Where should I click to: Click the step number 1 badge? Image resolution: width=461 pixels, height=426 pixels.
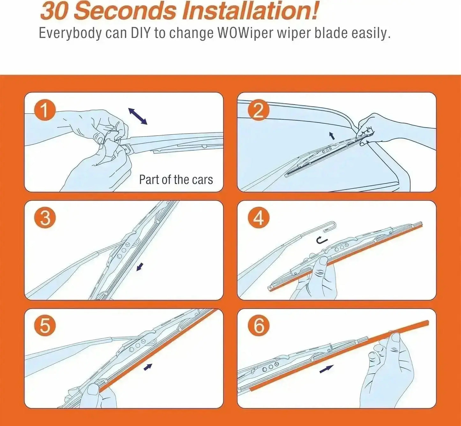point(45,110)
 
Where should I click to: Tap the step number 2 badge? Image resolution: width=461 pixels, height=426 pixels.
point(258,110)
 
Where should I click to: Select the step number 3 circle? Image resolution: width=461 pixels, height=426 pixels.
point(45,219)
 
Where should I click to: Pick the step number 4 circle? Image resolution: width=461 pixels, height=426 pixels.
point(258,219)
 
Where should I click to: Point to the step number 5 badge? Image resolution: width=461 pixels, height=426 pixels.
point(45,326)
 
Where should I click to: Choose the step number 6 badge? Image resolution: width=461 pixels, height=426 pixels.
point(258,326)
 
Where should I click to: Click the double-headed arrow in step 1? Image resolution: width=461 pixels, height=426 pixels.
point(138,116)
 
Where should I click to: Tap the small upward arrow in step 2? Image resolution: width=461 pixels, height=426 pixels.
point(332,136)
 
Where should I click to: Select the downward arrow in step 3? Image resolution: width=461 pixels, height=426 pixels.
point(140,267)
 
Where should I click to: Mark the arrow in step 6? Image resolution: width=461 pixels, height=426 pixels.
point(326,369)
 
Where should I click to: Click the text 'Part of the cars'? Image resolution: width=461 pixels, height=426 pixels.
point(176,180)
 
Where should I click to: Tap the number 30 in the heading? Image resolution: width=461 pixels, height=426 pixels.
point(54,11)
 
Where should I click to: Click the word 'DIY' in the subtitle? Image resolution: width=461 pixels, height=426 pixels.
point(140,33)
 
